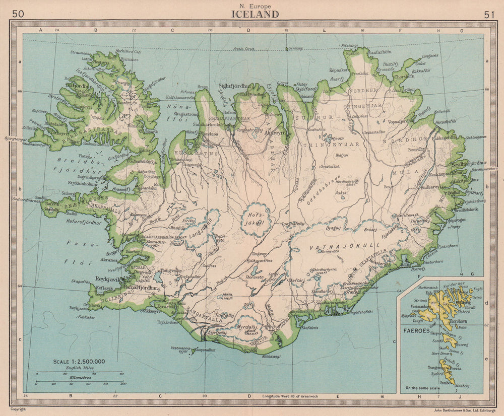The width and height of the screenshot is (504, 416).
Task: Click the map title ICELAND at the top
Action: point(255,14)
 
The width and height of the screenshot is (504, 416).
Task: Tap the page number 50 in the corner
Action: point(18,14)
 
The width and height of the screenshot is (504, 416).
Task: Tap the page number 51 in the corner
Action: point(489,15)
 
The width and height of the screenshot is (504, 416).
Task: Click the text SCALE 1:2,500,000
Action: point(79,361)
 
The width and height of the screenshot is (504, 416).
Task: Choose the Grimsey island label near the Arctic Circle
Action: point(295,49)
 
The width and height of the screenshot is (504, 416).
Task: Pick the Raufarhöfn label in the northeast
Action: point(374,51)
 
